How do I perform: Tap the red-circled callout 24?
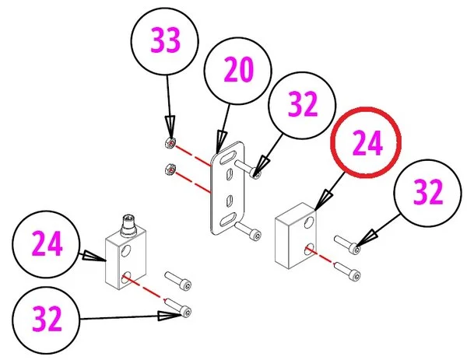point(364,144)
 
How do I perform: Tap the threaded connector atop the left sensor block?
point(129,228)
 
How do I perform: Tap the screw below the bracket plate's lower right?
point(248,230)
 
